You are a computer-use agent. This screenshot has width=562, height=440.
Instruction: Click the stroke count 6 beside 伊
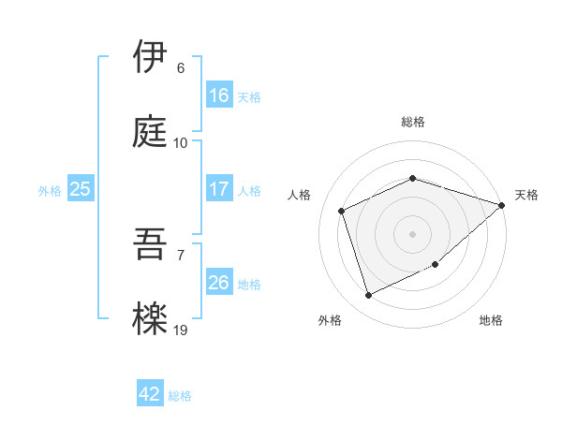coord(181,68)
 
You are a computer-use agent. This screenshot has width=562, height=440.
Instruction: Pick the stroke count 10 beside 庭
coord(181,143)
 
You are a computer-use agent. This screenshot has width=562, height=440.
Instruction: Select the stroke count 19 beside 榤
coord(181,330)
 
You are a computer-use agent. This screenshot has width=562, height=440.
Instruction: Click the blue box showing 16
coord(218,95)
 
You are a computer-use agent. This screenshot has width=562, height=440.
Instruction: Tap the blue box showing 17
coord(218,188)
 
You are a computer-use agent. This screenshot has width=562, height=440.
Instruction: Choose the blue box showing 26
coord(218,282)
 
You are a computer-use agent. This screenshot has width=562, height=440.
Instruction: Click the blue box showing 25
coord(81,189)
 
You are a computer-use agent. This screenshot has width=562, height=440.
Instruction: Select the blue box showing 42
coord(150,394)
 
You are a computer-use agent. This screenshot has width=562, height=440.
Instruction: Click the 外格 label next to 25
coord(50,191)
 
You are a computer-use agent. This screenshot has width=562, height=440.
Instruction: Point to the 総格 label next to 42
coord(180,396)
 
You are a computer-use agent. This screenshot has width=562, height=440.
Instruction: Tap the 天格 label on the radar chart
coord(526,195)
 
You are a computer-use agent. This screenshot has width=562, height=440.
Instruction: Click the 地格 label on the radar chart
coord(491,320)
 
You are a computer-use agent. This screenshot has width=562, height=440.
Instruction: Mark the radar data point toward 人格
coord(342,211)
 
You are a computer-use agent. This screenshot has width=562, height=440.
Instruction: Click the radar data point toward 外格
coord(368,296)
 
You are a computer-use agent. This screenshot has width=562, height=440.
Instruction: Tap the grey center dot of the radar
coord(412,233)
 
